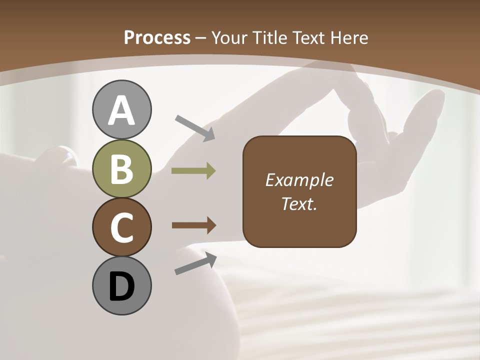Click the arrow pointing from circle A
pyautogui.click(x=195, y=127)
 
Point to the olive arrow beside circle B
pyautogui.click(x=193, y=171)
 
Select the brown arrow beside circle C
pyautogui.click(x=194, y=225)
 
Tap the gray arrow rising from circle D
pyautogui.click(x=195, y=263)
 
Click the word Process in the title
pyautogui.click(x=157, y=38)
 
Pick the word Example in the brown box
pyautogui.click(x=299, y=180)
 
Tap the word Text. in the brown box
pyautogui.click(x=299, y=204)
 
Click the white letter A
pyautogui.click(x=121, y=111)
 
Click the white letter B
pyautogui.click(x=121, y=170)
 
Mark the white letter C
pyautogui.click(x=121, y=227)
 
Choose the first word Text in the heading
pyautogui.click(x=308, y=38)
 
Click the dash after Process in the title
pyautogui.click(x=201, y=38)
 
